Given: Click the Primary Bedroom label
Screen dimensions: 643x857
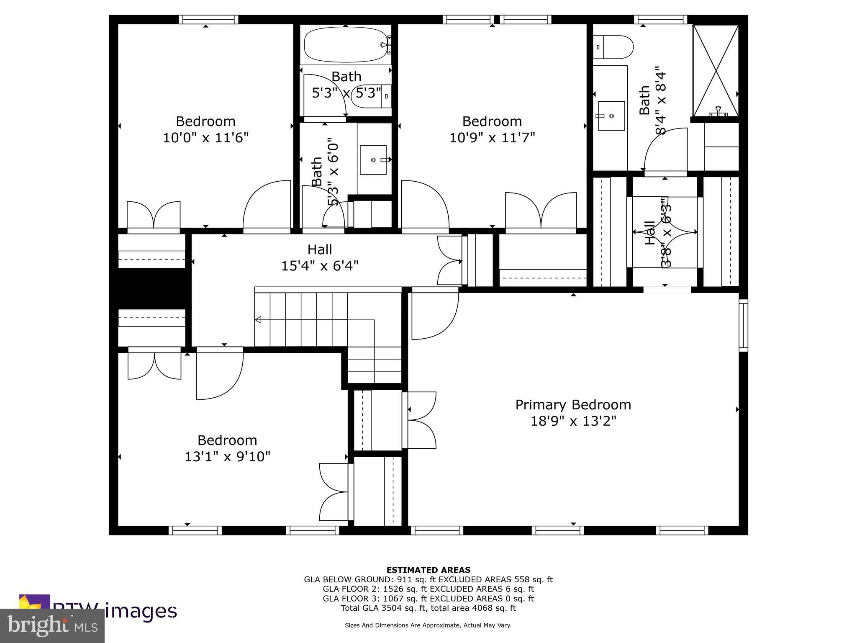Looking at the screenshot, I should (573, 405).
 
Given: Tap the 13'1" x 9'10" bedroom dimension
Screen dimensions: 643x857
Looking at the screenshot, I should (227, 457).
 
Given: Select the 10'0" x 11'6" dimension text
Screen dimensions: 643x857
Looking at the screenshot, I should (205, 137).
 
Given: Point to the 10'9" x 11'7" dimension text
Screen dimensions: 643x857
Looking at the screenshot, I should (492, 137).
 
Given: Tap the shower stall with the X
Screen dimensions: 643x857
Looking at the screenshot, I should (716, 70).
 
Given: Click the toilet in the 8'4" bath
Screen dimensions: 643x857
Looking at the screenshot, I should (613, 47).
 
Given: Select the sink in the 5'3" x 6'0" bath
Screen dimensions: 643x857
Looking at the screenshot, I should (373, 160).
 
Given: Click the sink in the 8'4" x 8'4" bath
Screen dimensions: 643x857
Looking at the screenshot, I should (611, 116).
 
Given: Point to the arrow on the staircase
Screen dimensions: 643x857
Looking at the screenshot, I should (258, 320).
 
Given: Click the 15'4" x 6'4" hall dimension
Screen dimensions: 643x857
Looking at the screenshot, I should (320, 266).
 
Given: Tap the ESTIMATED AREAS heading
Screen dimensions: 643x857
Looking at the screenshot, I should (428, 570).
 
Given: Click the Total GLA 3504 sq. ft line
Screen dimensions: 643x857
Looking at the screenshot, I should (428, 608).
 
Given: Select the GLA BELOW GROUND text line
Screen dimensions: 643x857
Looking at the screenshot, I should (428, 579).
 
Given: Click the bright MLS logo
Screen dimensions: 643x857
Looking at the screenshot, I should (52, 625).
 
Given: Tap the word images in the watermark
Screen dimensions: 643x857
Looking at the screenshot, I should (141, 611).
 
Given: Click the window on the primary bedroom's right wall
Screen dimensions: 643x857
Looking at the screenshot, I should (743, 325).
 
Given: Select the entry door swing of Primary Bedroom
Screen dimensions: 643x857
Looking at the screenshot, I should (435, 314).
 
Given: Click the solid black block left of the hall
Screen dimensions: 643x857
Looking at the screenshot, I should (151, 289).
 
